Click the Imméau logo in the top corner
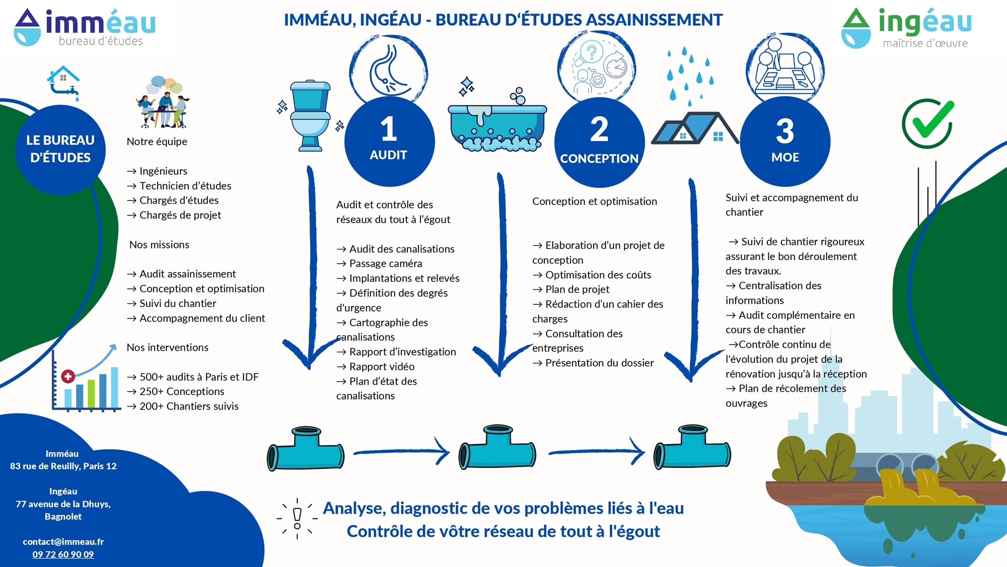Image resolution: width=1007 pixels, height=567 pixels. tap(85, 28)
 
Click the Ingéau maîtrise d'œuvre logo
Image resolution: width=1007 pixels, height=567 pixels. tap(906, 28)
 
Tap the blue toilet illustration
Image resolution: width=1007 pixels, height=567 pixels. tap(310, 116)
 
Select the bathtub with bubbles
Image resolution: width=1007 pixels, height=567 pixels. tap(497, 121)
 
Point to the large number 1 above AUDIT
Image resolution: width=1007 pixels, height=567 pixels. tap(389, 129)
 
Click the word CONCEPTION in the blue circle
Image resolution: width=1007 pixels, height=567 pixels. tap(599, 158)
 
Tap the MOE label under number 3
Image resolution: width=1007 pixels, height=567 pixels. tap(785, 157)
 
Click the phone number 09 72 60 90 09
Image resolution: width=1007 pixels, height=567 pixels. tap(63, 554)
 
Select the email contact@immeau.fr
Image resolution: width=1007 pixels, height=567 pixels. tap(63, 542)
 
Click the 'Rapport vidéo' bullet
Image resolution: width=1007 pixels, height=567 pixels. tap(376, 366)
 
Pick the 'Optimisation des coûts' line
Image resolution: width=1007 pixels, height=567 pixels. tap(592, 275)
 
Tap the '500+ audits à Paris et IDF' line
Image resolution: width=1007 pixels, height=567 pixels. tap(193, 377)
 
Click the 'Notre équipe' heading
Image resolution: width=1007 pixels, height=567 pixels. tap(157, 142)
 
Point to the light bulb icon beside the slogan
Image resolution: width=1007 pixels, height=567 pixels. tap(297, 518)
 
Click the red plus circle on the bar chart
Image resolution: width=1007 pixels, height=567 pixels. tap(68, 376)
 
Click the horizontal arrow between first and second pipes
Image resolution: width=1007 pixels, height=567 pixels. tap(401, 452)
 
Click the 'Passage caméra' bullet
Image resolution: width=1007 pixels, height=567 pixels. tap(380, 264)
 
